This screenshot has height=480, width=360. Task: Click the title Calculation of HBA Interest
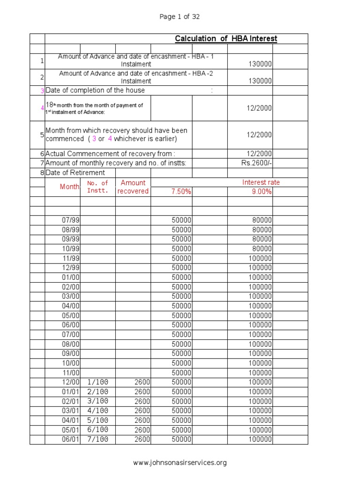[226, 38]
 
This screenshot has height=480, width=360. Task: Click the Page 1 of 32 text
[180, 17]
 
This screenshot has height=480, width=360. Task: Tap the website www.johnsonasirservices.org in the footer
[180, 463]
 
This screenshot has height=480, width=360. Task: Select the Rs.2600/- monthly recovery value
[256, 163]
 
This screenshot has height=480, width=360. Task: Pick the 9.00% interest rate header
[262, 192]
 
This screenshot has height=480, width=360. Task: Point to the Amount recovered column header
[133, 187]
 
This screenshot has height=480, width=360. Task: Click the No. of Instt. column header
[97, 187]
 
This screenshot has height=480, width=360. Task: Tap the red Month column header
[70, 187]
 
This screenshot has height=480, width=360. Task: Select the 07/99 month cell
[71, 220]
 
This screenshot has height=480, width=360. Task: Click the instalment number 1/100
[97, 382]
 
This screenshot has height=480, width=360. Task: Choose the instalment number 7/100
[97, 440]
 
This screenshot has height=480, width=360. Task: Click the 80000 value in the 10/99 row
[262, 249]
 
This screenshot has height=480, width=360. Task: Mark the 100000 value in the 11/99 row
[260, 258]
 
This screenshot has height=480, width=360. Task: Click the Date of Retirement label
[75, 173]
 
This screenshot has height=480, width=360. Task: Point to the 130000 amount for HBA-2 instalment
[260, 81]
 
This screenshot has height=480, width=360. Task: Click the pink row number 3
[42, 90]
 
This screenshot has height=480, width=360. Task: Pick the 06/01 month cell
[71, 440]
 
